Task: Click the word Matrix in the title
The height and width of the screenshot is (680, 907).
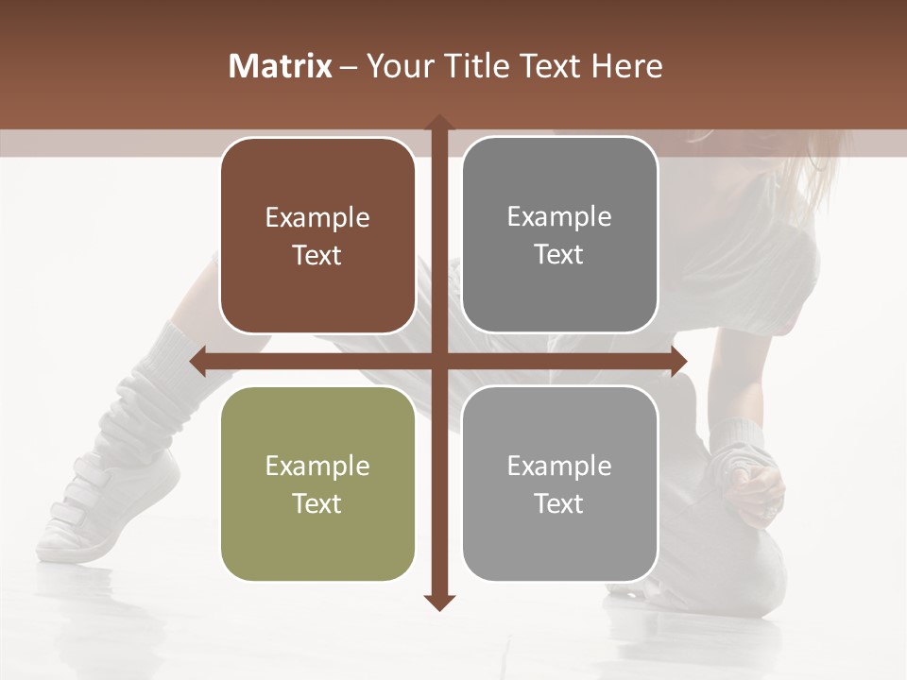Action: (x=281, y=66)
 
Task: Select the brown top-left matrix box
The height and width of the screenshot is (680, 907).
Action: (x=317, y=235)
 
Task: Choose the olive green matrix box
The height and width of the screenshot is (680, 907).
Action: (x=317, y=484)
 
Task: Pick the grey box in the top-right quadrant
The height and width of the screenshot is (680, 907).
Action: (x=559, y=235)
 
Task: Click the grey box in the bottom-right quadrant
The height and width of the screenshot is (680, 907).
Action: (x=559, y=484)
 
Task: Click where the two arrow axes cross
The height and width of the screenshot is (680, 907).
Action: (x=438, y=361)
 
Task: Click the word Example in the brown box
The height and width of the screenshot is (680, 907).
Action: (x=317, y=218)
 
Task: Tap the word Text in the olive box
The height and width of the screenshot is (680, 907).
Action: (x=317, y=503)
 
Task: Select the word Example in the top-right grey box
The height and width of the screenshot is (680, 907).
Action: (x=559, y=217)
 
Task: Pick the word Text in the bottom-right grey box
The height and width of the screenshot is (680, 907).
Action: (x=559, y=503)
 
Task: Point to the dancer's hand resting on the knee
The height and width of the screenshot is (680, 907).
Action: (x=756, y=486)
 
